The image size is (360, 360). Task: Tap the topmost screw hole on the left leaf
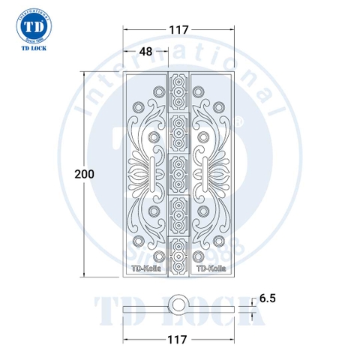point(157,91)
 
